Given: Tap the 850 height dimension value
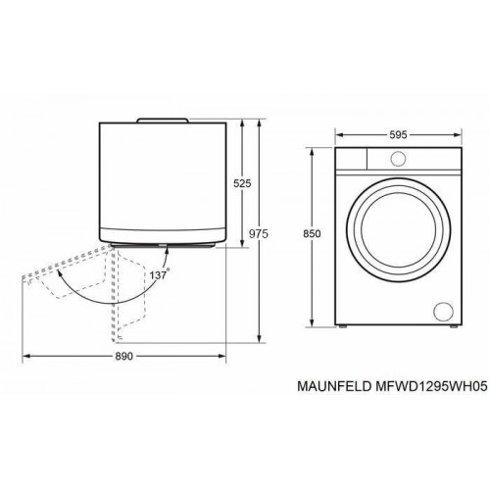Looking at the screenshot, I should coord(314,236).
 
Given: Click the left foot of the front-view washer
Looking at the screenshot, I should coord(343,326).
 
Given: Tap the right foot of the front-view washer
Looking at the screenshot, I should coord(453,326).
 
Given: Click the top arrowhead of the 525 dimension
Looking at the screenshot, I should coord(239,122).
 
